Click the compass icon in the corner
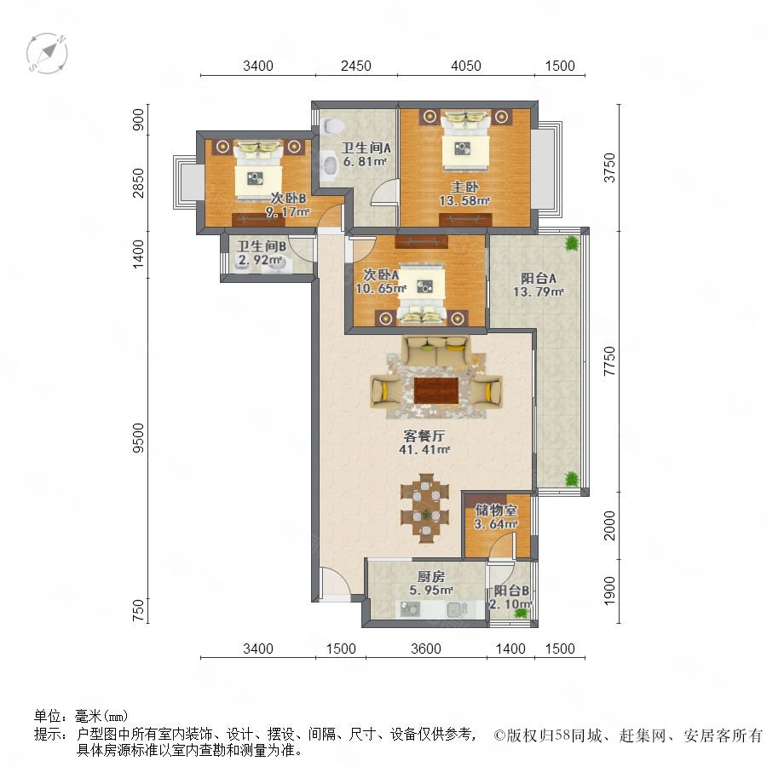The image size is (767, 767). pyautogui.click(x=47, y=53)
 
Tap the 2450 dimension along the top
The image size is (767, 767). pyautogui.click(x=355, y=66)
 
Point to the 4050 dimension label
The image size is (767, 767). pyautogui.click(x=465, y=66)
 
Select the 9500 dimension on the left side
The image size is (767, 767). pyautogui.click(x=139, y=438)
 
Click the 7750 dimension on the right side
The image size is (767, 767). pyautogui.click(x=609, y=361)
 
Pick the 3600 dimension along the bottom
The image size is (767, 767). pyautogui.click(x=425, y=649)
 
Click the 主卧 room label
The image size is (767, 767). pyautogui.click(x=464, y=187)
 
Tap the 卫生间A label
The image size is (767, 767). pyautogui.click(x=366, y=147)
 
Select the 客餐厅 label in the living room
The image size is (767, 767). pyautogui.click(x=424, y=435)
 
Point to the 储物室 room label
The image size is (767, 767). pyautogui.click(x=496, y=510)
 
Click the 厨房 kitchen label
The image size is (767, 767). pyautogui.click(x=431, y=577)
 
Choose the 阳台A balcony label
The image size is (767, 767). pyautogui.click(x=539, y=279)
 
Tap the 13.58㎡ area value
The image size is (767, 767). pyautogui.click(x=464, y=200)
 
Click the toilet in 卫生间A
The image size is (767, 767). pyautogui.click(x=332, y=125)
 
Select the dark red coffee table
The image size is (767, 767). pyautogui.click(x=436, y=390)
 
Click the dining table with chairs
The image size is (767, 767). pyautogui.click(x=425, y=508)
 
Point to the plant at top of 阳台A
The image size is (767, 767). pyautogui.click(x=571, y=243)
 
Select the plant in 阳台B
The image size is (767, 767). pyautogui.click(x=522, y=612)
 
